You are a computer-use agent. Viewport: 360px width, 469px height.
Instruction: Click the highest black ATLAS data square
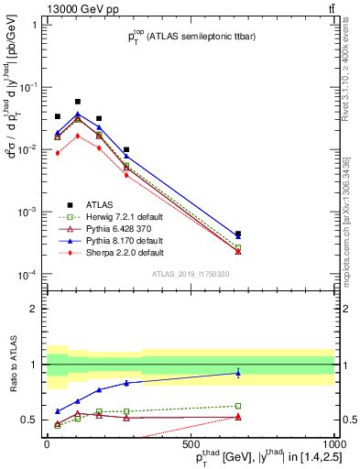pos(78,102)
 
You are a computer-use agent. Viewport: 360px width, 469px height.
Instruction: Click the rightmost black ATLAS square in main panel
pos(238,234)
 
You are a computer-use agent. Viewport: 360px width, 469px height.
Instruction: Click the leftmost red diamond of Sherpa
pos(58,153)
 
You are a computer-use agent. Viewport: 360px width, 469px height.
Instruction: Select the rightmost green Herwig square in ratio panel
pos(238,406)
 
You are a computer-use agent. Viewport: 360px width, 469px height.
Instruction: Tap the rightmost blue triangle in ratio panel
pos(238,373)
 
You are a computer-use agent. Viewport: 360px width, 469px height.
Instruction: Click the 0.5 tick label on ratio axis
pos(30,420)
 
